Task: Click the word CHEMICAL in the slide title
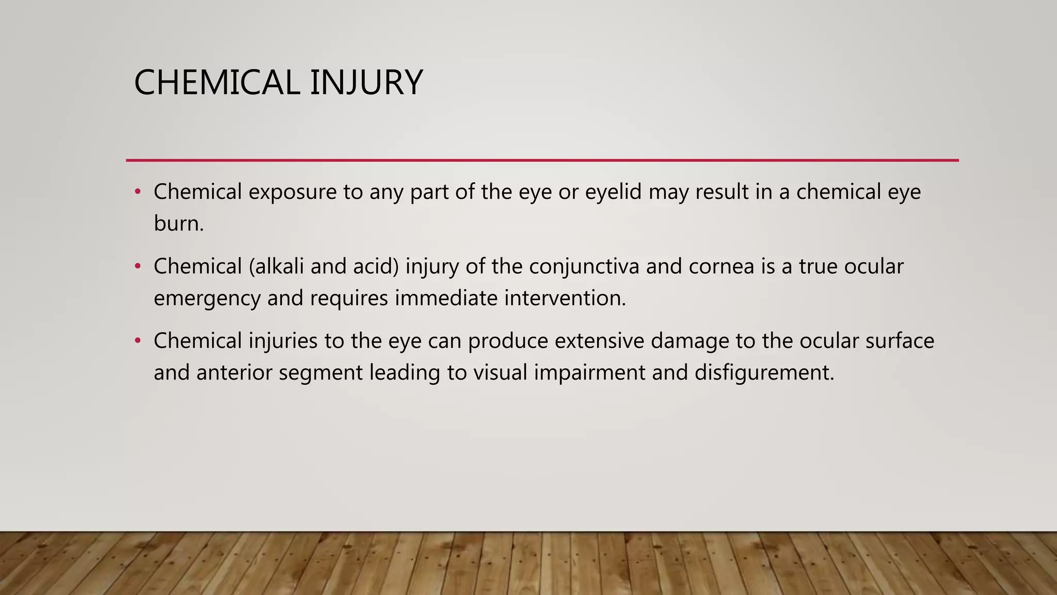[217, 83]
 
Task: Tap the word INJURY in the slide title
[366, 83]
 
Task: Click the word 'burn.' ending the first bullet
[179, 224]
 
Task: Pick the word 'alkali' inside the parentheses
[278, 267]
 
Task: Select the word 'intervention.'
[565, 298]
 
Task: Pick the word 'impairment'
[589, 372]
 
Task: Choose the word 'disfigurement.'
[764, 372]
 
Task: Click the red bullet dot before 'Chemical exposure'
[137, 192]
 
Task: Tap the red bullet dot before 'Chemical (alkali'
[137, 267]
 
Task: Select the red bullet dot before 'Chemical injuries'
[137, 341]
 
